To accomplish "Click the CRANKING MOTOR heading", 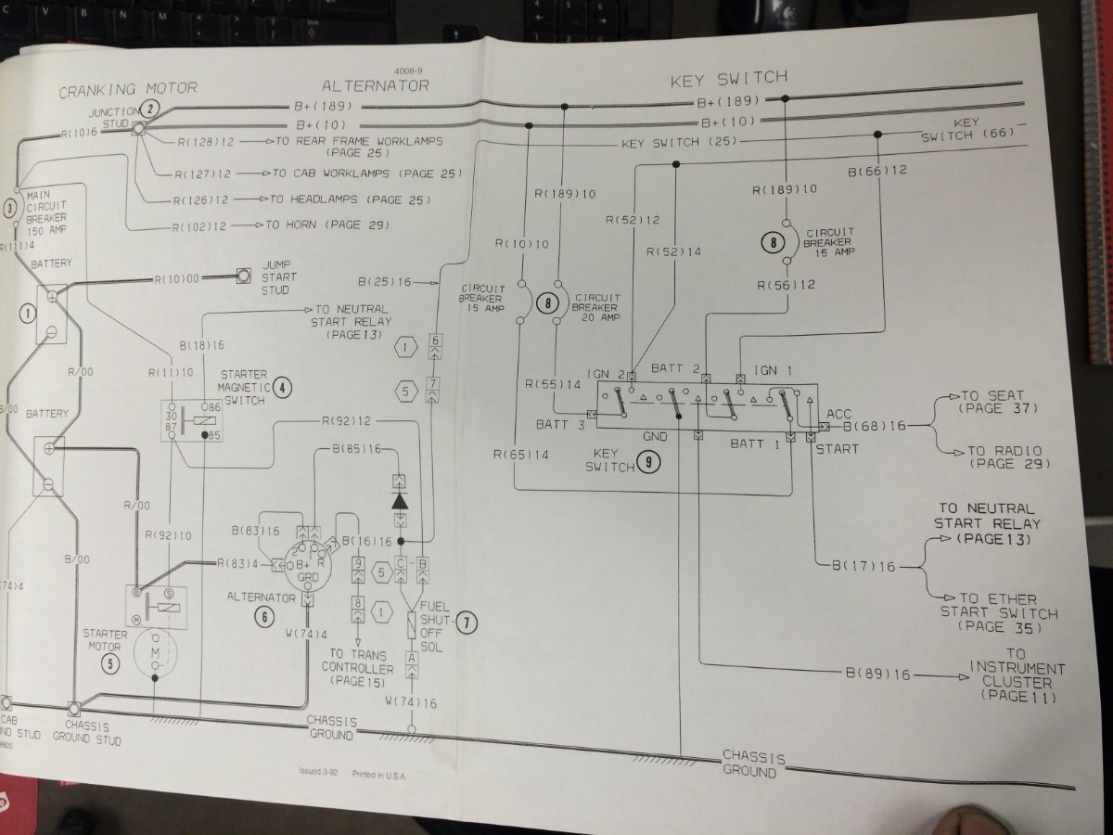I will point(128,89).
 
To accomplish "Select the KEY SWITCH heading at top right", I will point(728,80).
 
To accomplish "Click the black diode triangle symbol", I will point(400,500).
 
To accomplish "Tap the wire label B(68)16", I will point(871,427).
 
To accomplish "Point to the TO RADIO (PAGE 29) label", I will point(1004,456).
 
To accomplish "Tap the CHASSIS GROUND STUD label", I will point(93,733).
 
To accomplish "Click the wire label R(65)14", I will point(522,455).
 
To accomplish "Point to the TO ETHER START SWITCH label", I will point(999,613).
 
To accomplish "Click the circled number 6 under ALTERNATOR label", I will point(266,615).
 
